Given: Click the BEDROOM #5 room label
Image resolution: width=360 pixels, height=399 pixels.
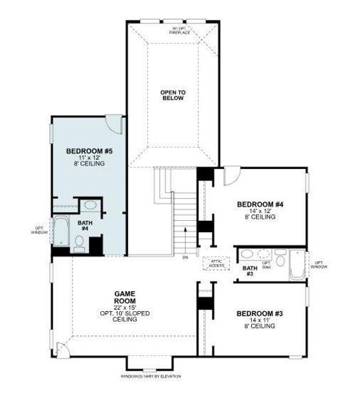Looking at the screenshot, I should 89,152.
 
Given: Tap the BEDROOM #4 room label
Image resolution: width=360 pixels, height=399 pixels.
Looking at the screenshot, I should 260,204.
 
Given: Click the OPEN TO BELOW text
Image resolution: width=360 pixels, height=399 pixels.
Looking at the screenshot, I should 171,95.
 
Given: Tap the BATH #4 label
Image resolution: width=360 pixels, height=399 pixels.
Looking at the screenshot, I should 85,226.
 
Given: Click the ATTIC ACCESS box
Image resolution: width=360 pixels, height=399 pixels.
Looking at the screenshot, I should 217,264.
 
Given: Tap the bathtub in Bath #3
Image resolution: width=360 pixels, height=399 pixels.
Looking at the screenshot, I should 296,264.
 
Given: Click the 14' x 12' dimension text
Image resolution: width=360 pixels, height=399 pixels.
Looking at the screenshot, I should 260,211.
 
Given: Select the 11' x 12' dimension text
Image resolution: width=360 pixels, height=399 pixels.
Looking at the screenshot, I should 89,158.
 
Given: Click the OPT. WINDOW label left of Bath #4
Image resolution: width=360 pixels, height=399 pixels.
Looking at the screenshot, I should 38,231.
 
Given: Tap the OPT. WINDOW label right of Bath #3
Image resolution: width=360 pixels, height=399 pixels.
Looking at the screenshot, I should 319,264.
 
